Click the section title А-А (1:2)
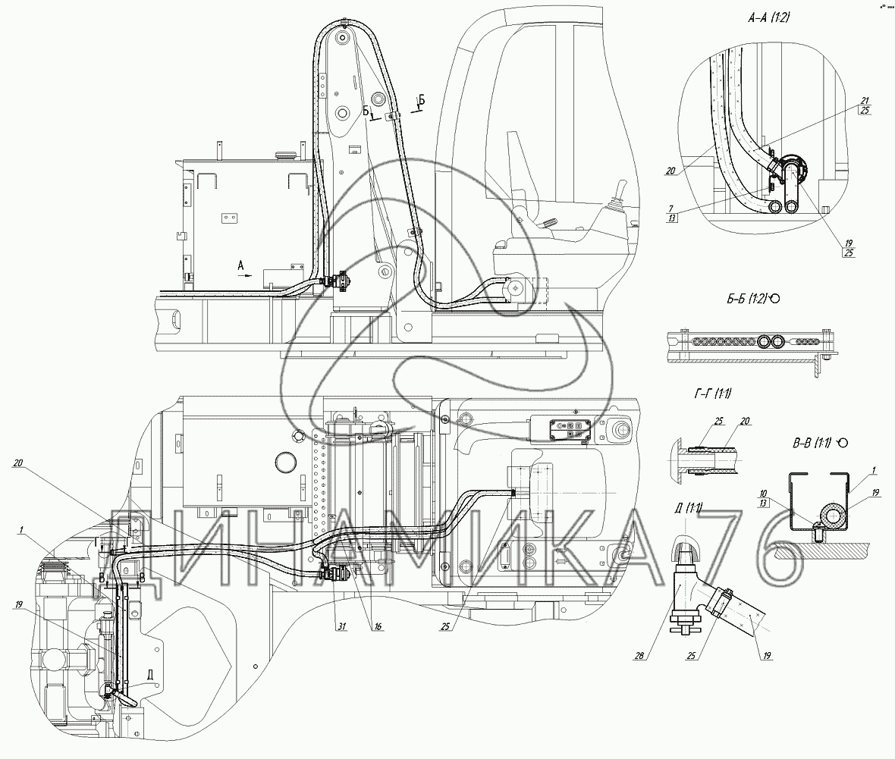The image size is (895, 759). [765, 21]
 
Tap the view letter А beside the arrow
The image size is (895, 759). [240, 265]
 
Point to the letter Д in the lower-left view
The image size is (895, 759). [151, 673]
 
